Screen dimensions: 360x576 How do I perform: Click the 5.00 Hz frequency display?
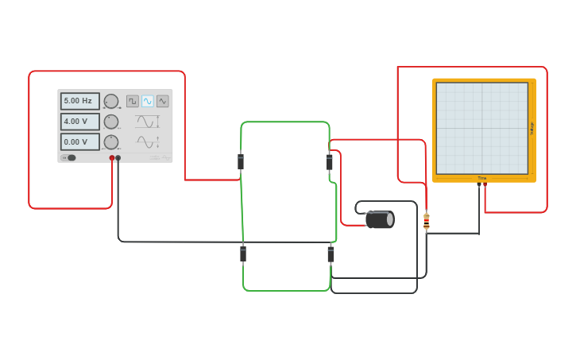click(x=79, y=101)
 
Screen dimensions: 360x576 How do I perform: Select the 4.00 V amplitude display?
click(x=79, y=122)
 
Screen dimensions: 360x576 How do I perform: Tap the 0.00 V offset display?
click(x=79, y=142)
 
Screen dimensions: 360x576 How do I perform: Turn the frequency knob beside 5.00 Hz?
click(x=111, y=101)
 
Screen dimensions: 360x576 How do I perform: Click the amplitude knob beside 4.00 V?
click(x=111, y=122)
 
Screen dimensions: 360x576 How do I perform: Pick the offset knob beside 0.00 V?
click(x=111, y=142)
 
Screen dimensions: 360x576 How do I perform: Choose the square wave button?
click(x=133, y=101)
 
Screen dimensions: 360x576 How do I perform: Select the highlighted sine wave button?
click(x=148, y=101)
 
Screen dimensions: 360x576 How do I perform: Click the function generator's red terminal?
click(x=112, y=158)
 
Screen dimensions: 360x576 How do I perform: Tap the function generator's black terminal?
click(x=118, y=158)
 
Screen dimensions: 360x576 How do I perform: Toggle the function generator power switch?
click(x=70, y=157)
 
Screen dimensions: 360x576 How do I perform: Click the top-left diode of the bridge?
click(x=241, y=162)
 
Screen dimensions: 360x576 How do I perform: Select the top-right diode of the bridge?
click(x=330, y=162)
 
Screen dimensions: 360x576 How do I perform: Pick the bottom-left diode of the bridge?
click(x=243, y=254)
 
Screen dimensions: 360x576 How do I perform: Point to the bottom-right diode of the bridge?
click(x=331, y=254)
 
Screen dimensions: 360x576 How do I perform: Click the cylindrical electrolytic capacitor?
click(x=380, y=219)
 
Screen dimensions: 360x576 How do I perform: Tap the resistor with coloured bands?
click(x=427, y=222)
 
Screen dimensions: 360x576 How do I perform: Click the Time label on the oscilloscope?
click(x=481, y=178)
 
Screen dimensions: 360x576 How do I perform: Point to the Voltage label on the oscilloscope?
click(x=532, y=128)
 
